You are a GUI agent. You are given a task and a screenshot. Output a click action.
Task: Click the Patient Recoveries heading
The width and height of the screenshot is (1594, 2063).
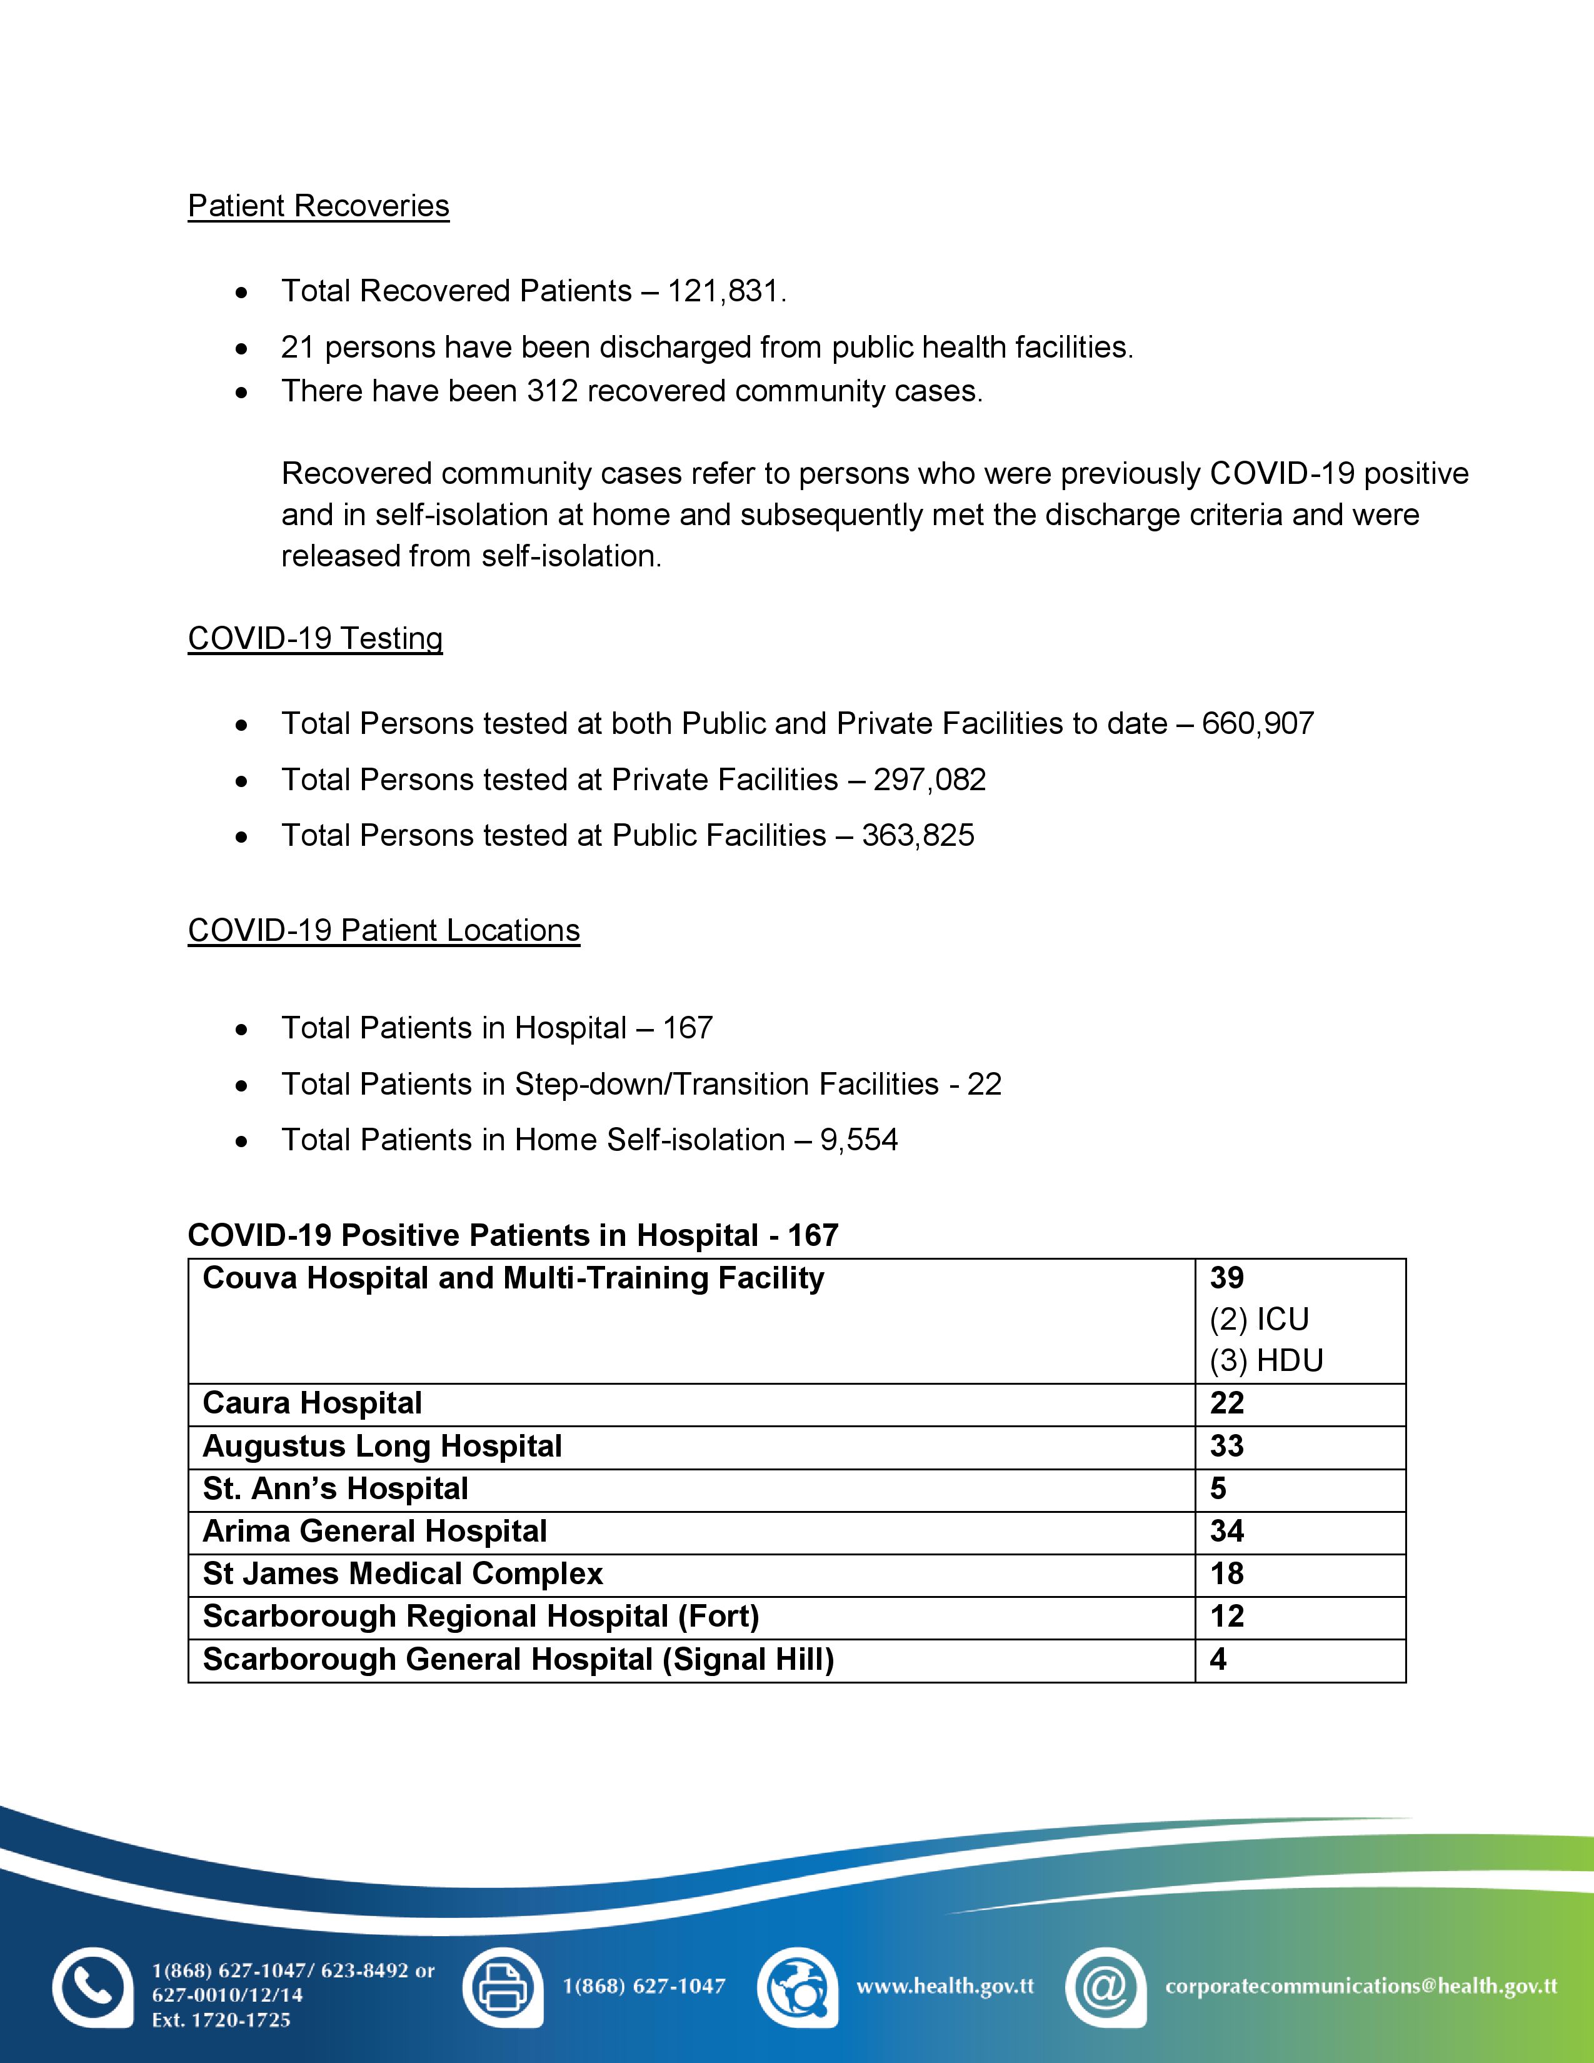point(318,206)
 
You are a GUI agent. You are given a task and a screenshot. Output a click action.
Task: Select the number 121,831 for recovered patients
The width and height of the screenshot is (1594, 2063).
point(724,291)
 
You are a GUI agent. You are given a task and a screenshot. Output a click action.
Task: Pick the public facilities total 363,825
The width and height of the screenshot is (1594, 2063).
point(917,835)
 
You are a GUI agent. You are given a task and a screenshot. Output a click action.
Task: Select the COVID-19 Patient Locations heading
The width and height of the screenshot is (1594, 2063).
point(383,930)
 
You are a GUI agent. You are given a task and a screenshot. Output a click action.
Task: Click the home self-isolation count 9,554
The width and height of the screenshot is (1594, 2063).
point(858,1140)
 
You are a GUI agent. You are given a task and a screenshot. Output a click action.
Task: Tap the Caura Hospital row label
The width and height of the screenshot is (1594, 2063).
point(312,1403)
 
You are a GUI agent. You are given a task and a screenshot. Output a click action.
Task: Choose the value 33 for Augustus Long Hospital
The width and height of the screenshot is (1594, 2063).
point(1226,1445)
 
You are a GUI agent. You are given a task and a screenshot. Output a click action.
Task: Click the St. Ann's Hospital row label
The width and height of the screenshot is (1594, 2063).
point(335,1488)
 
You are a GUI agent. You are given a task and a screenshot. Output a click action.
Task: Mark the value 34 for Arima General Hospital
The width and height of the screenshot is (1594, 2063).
point(1226,1531)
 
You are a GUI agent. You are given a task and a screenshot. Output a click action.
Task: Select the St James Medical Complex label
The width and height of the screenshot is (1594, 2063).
point(403,1574)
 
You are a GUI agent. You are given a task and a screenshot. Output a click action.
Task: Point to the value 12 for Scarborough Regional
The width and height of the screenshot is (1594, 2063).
point(1226,1616)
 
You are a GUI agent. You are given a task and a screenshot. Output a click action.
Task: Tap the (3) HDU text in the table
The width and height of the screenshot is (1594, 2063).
point(1266,1360)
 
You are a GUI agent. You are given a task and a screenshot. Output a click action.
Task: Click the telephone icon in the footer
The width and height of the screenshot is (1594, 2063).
point(92,1987)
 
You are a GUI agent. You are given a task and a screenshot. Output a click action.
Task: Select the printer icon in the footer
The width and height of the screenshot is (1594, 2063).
point(503,1987)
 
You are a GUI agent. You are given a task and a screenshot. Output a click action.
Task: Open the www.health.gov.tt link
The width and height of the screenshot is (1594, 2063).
point(945,1987)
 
